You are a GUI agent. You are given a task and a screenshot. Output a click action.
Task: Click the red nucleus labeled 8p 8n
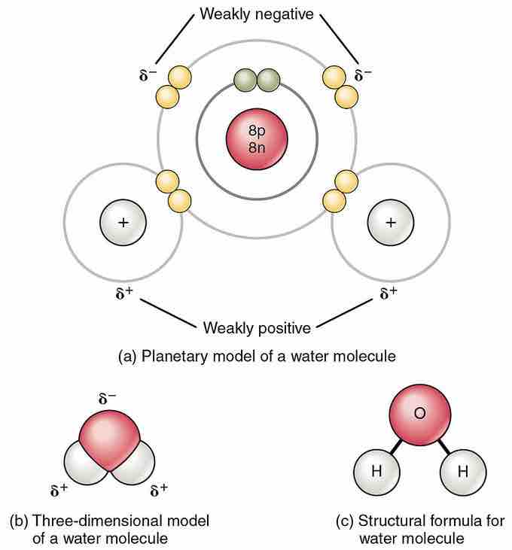tap(258, 138)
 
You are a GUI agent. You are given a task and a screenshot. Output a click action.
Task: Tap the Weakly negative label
tap(256, 14)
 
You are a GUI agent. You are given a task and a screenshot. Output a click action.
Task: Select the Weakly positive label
tap(257, 328)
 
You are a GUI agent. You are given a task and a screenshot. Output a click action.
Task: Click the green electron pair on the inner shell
tap(257, 80)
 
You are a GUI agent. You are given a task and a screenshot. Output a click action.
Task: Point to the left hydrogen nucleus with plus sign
tap(123, 223)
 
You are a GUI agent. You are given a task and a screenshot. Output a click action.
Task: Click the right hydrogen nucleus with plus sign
tap(390, 223)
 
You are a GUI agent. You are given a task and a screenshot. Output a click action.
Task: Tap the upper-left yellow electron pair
tap(173, 87)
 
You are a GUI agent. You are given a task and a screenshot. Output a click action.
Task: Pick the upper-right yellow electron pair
tap(340, 87)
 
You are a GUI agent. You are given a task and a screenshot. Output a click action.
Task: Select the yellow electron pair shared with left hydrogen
tap(173, 190)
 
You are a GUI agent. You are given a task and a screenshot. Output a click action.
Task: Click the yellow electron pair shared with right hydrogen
tap(340, 190)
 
